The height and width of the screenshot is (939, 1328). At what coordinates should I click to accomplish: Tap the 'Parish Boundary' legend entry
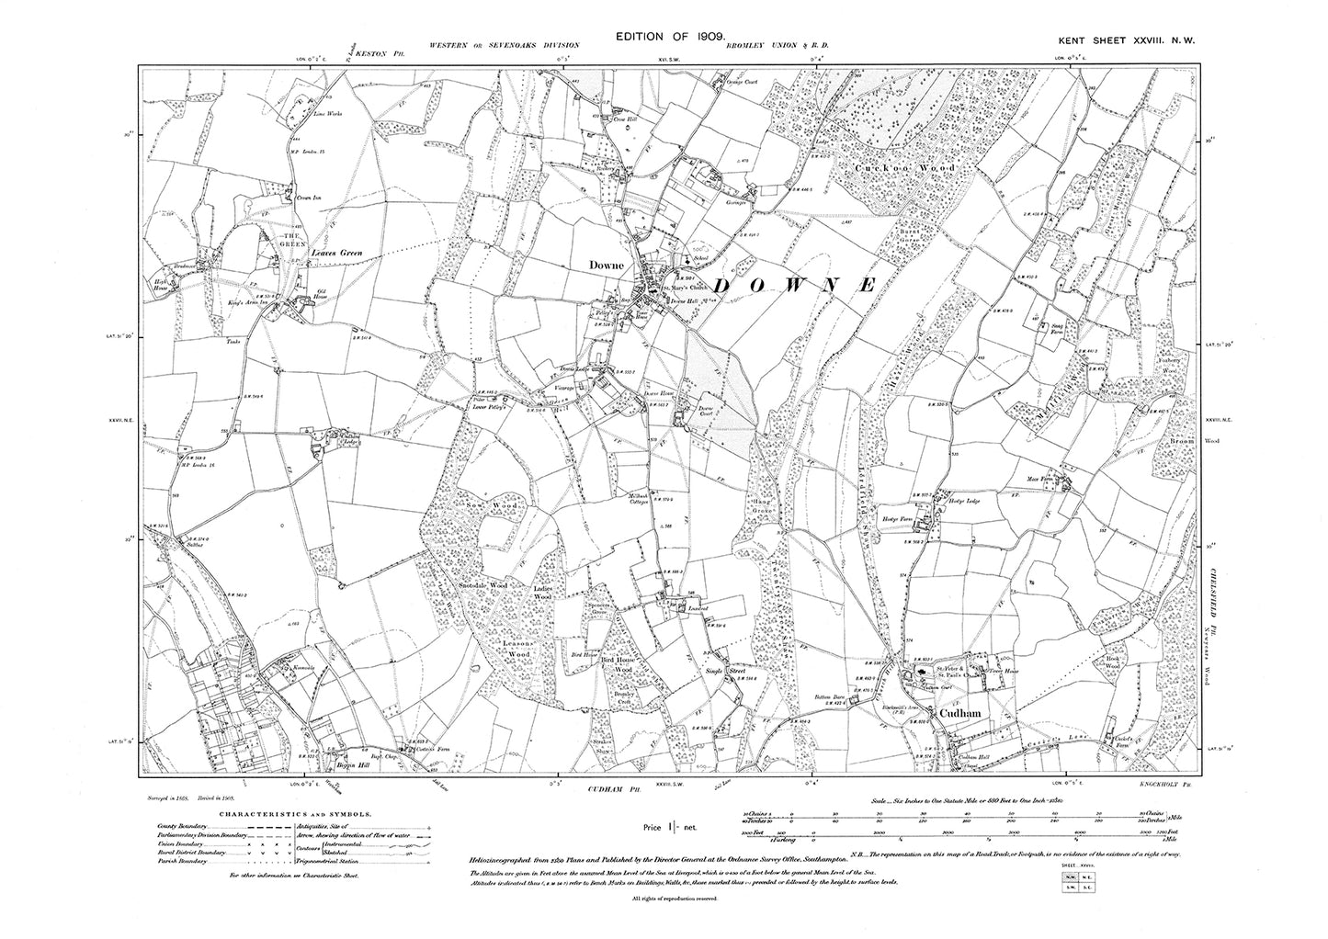pyautogui.click(x=176, y=862)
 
